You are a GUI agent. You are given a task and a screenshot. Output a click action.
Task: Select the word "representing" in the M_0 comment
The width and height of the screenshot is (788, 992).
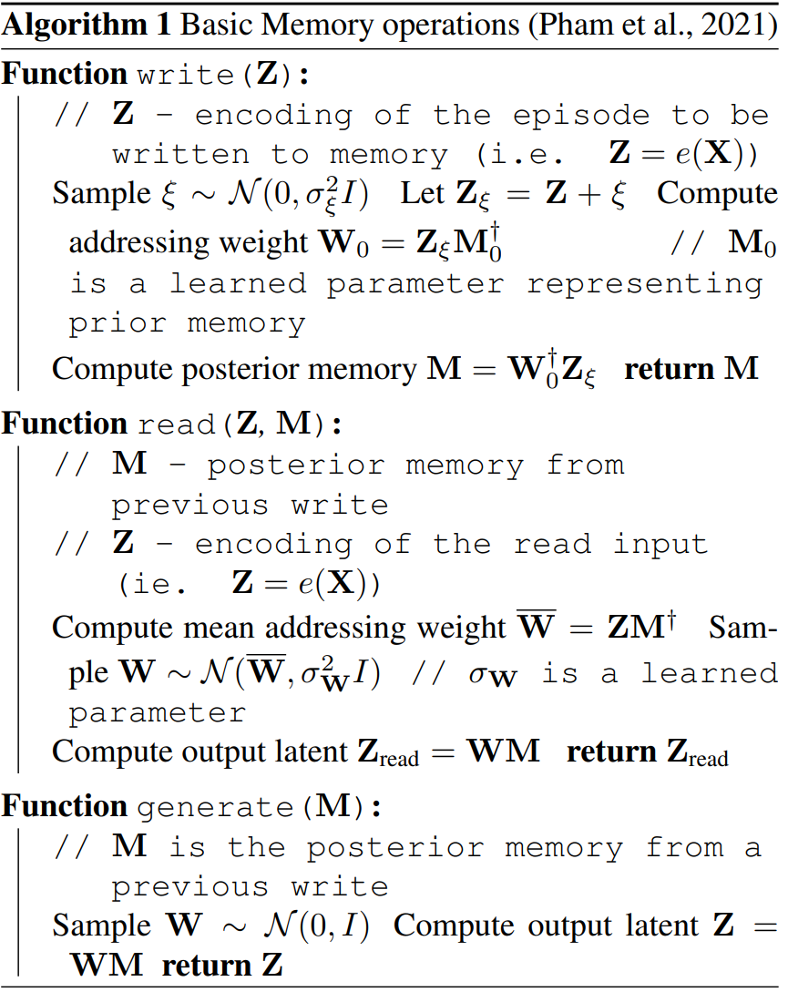[644, 283]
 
